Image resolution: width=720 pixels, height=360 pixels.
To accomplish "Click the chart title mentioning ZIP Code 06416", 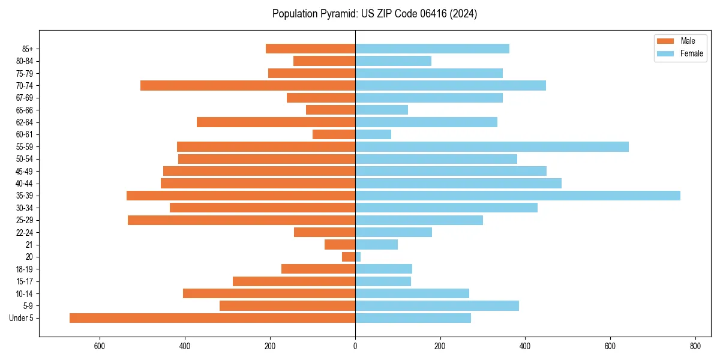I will click(x=374, y=14).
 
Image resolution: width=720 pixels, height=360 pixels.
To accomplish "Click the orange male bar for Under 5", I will click(x=212, y=318).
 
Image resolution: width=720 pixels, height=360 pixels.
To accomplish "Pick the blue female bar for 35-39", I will click(x=517, y=196).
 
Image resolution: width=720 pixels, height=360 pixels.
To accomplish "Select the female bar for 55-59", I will click(x=491, y=147).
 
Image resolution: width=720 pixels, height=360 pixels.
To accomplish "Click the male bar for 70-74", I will click(x=248, y=86).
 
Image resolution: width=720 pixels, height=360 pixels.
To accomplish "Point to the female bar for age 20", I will click(x=358, y=257).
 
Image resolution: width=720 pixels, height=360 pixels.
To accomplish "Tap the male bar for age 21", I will click(x=340, y=245).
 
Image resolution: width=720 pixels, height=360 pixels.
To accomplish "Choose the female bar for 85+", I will click(x=432, y=49).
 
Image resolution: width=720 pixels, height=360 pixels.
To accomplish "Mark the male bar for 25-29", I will click(x=241, y=220).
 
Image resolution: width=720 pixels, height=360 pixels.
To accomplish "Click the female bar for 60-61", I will click(x=373, y=134).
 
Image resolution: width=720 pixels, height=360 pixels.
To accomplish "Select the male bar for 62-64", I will click(x=276, y=122).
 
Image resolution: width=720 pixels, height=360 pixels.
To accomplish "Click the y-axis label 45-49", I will click(x=24, y=171).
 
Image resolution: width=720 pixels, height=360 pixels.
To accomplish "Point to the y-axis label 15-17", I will click(x=24, y=281).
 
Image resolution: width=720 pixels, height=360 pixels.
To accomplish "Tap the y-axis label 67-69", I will click(x=24, y=98).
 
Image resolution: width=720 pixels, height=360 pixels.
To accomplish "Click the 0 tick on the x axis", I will click(x=355, y=346).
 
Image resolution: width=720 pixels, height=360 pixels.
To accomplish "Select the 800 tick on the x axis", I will click(x=695, y=346).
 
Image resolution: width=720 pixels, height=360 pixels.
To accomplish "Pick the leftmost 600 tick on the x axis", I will click(x=100, y=346).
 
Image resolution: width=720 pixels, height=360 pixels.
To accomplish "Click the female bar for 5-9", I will click(x=437, y=306).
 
